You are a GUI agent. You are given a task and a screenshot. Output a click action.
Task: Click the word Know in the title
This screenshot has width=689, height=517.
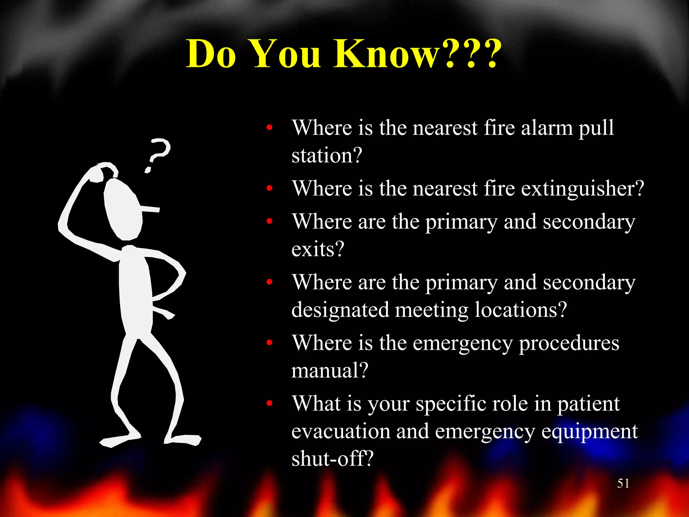tap(387, 54)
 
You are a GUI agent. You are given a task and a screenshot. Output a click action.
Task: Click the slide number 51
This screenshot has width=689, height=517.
tap(623, 483)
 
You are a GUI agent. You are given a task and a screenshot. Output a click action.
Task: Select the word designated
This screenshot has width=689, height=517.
tap(340, 310)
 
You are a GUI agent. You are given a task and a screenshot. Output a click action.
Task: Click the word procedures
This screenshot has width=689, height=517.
tap(569, 343)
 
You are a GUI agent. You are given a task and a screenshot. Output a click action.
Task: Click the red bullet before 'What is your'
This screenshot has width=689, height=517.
tap(269, 403)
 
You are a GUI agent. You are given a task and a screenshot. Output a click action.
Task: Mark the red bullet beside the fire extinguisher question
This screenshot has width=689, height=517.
tap(269, 188)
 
